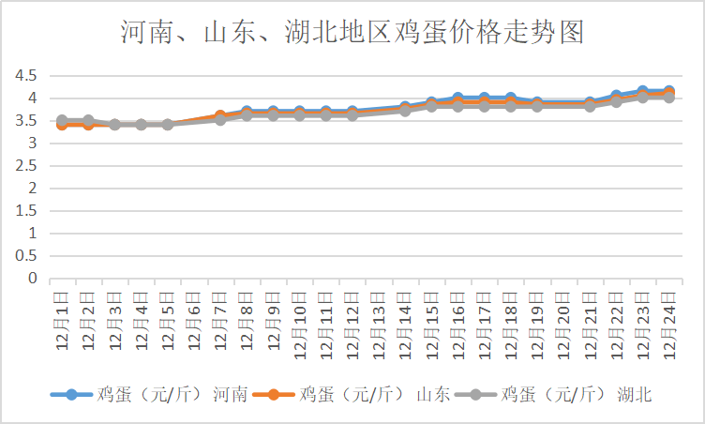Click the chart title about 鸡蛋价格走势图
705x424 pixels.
coord(352,35)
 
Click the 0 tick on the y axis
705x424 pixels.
coord(32,279)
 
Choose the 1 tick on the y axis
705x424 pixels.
coord(32,234)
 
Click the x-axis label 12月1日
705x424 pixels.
coord(62,321)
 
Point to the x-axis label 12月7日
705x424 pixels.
coord(220,321)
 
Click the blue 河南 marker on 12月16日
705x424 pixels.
coord(457,98)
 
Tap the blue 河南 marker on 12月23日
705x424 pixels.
coord(642,92)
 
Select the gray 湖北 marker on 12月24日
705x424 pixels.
coord(669,97)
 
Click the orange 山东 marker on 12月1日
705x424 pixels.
coord(62,125)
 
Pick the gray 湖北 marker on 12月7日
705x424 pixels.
coord(220,119)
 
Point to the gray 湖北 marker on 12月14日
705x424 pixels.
coord(405,110)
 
